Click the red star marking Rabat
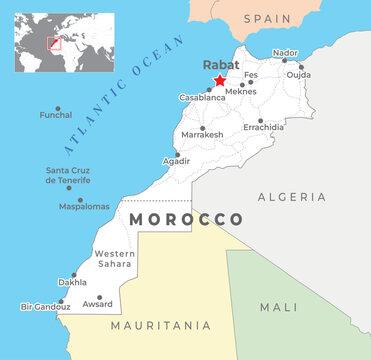tap(220, 81)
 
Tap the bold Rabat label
tap(221, 64)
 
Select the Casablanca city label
tap(202, 98)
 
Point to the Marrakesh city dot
tap(203, 128)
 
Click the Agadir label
tap(176, 161)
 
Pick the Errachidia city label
tap(264, 127)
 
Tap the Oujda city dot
tap(301, 67)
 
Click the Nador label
tap(285, 52)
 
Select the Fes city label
tap(251, 75)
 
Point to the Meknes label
tap(241, 91)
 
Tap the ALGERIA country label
tap(292, 197)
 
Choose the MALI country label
tap(279, 307)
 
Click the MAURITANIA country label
tap(161, 325)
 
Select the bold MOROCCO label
tap(187, 219)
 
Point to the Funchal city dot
tap(57, 108)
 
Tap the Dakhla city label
tap(72, 283)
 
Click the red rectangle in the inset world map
tap(55, 43)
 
